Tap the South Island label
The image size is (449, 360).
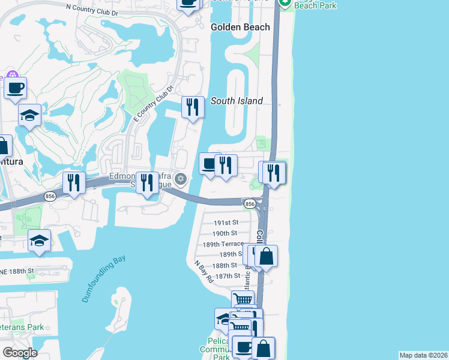point(237,101)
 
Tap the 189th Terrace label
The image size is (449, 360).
point(223,244)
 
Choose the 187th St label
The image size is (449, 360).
point(228,275)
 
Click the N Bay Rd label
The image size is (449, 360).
point(204,271)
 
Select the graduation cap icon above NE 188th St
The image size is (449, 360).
point(39,241)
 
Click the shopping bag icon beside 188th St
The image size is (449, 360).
point(267,256)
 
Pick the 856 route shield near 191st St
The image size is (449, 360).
point(250,204)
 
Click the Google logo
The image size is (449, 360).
point(20,352)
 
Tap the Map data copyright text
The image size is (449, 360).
point(423,355)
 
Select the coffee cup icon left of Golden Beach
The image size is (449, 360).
point(188,2)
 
